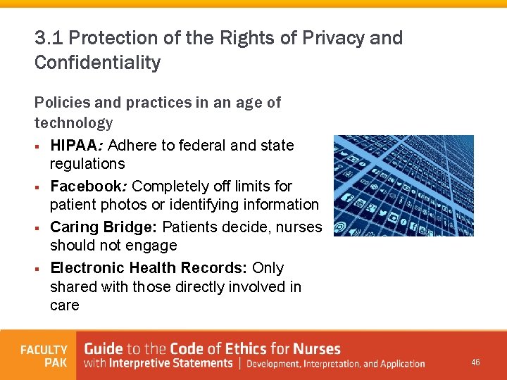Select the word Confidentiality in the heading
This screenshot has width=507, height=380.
coord(97,63)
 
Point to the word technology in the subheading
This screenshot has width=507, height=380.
coord(73,123)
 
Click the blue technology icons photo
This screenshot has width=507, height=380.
coord(403,185)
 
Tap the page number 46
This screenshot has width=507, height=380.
coord(475,362)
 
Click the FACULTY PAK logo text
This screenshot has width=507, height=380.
coord(44,356)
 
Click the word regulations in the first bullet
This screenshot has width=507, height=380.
coord(87,164)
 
